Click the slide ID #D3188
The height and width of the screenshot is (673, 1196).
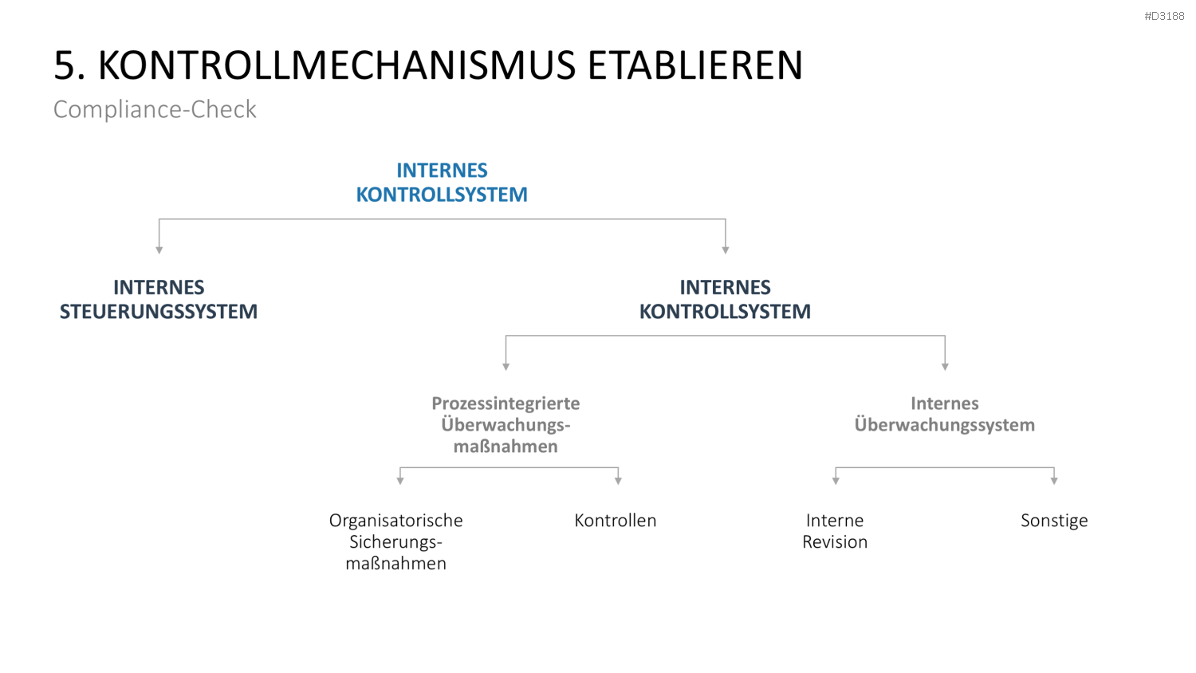click(x=1164, y=16)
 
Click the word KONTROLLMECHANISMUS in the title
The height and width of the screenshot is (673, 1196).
click(x=337, y=65)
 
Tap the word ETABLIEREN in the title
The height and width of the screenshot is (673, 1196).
click(x=695, y=65)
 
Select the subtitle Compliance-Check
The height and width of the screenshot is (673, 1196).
click(x=155, y=109)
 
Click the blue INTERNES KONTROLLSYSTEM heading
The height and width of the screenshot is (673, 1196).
click(x=442, y=182)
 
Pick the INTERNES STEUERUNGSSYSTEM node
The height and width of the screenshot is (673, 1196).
click(x=159, y=299)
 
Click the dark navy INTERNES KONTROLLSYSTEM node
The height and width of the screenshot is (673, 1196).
click(x=725, y=299)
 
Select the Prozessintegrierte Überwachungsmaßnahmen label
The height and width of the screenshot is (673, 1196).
click(x=506, y=425)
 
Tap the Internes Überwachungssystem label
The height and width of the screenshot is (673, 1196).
click(x=945, y=414)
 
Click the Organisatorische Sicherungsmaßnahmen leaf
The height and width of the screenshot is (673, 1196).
click(x=395, y=541)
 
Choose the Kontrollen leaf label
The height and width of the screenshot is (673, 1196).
click(x=615, y=520)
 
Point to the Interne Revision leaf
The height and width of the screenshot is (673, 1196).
click(x=835, y=531)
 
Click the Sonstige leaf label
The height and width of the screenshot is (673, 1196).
click(x=1054, y=521)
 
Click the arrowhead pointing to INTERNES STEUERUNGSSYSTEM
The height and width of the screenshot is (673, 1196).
click(x=159, y=250)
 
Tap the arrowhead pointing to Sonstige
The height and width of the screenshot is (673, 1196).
click(x=1054, y=481)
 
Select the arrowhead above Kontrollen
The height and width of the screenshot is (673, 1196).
click(x=618, y=481)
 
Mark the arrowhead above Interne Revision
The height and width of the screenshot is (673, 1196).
click(x=836, y=481)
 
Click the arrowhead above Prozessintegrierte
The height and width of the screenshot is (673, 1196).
click(x=506, y=367)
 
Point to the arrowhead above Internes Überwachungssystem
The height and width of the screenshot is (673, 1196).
click(x=945, y=367)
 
